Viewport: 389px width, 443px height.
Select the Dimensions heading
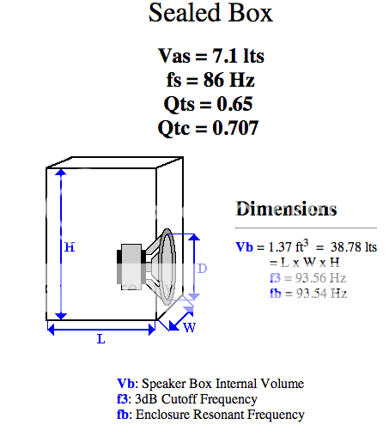286,209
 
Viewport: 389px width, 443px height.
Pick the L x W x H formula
304,262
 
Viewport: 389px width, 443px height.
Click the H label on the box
70,247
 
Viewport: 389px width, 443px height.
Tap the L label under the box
100,340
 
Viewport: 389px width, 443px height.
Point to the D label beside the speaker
203,268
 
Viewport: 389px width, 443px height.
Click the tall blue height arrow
59,244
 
